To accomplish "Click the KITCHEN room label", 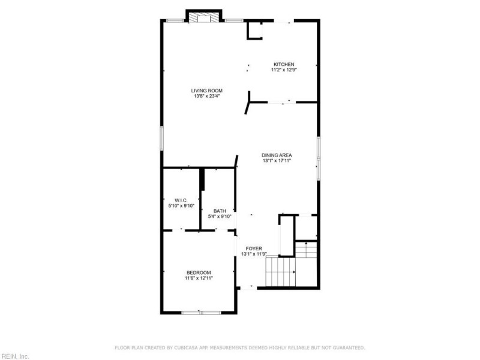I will tap(284, 64).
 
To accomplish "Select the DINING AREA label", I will tap(277, 155).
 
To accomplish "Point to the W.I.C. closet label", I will tap(181, 200).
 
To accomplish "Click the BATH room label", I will tap(220, 211).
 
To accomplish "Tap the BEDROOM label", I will tap(199, 272).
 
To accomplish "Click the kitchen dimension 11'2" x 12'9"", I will tap(284, 70).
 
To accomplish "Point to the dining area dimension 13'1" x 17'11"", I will tap(277, 160).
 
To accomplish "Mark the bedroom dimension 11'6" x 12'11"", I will tap(199, 278).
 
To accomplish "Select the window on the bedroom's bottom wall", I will tap(201, 312).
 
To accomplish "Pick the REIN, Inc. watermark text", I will tap(14, 356).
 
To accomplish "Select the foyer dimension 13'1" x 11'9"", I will tap(254, 254).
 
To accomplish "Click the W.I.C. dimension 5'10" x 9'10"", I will tap(181, 205).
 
